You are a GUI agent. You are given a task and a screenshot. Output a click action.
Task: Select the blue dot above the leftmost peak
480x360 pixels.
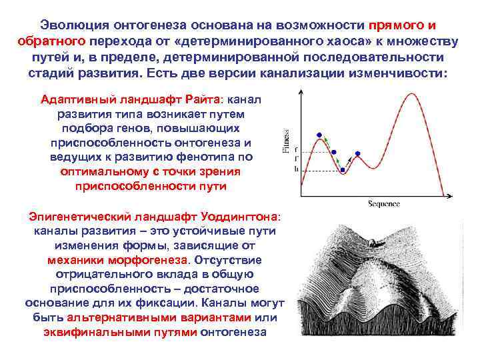(x=319, y=134)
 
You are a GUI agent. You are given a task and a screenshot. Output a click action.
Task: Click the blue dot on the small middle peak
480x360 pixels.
(x=358, y=153)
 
